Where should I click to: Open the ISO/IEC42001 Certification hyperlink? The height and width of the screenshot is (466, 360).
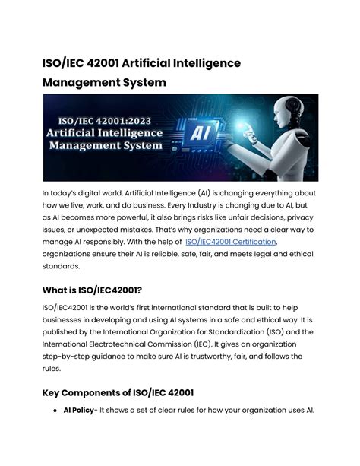point(230,242)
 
